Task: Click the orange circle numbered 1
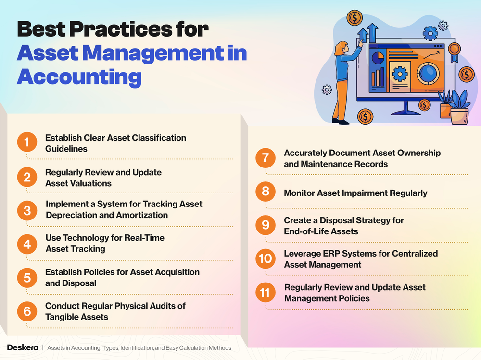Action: (27, 143)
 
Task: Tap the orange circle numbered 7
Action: (266, 158)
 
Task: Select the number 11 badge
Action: (266, 293)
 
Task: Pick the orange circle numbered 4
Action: (27, 244)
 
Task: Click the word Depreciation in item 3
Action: (69, 215)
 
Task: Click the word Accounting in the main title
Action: (79, 77)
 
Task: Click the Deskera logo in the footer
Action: (23, 347)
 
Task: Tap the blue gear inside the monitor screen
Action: (399, 75)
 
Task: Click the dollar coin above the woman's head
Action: (354, 18)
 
